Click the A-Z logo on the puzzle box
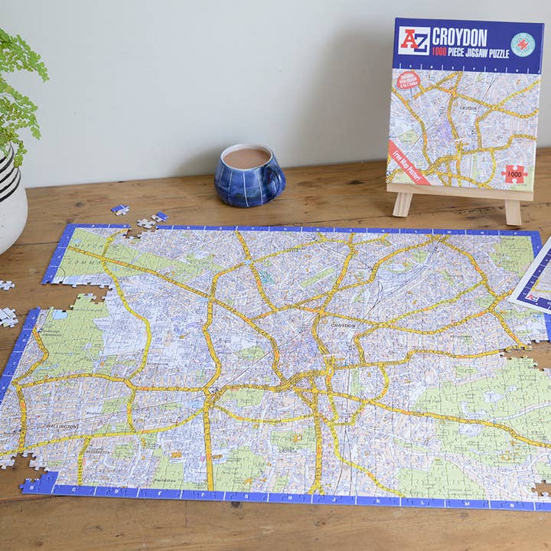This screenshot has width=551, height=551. (414, 40)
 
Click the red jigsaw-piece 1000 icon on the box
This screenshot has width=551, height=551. (514, 174)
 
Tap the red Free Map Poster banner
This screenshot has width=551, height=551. (409, 161)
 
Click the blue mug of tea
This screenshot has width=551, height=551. (249, 174)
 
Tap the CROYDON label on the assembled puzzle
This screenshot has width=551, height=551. (342, 325)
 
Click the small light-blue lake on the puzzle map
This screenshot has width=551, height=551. (58, 315)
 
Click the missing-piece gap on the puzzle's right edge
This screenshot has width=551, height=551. (543, 487)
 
